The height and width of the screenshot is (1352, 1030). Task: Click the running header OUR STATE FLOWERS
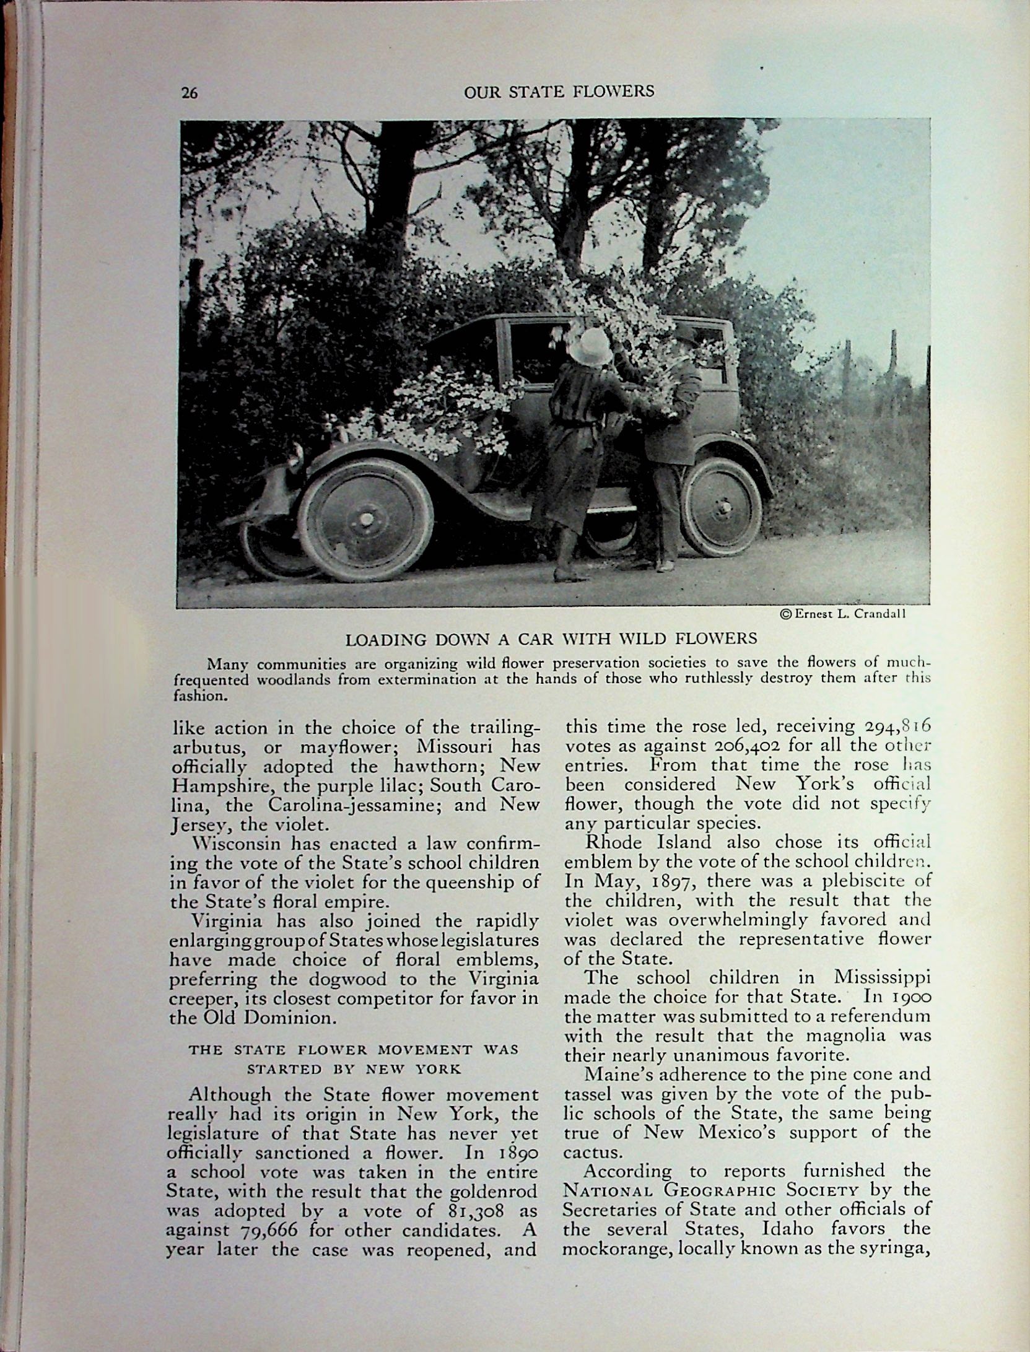pos(559,91)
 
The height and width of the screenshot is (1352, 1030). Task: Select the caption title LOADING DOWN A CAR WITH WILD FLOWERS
pos(551,639)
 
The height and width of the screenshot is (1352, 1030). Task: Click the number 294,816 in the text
pos(888,726)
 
